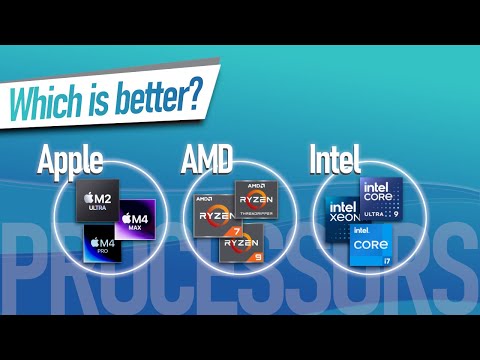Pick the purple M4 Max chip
[x=134, y=219]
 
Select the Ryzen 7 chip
[x=213, y=215]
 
